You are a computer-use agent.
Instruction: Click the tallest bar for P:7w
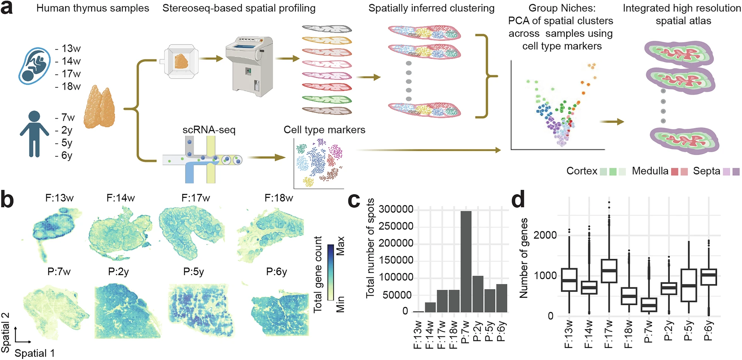[466, 261]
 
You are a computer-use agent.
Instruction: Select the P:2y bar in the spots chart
[478, 294]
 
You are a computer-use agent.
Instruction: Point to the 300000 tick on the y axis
[396, 209]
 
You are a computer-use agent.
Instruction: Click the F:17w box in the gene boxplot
[609, 271]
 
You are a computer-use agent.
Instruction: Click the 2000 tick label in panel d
[545, 235]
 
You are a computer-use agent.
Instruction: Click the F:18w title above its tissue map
[279, 198]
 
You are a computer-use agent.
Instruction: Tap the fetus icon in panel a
[34, 66]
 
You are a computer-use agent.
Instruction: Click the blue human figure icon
[34, 134]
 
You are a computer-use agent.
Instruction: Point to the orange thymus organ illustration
[99, 108]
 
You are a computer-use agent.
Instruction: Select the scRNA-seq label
[209, 130]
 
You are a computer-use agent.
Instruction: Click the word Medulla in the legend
[650, 171]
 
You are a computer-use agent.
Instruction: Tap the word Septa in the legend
[706, 171]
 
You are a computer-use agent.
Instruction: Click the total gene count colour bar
[330, 272]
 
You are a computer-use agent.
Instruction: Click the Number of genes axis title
[523, 258]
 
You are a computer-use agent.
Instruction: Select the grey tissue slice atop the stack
[327, 29]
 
